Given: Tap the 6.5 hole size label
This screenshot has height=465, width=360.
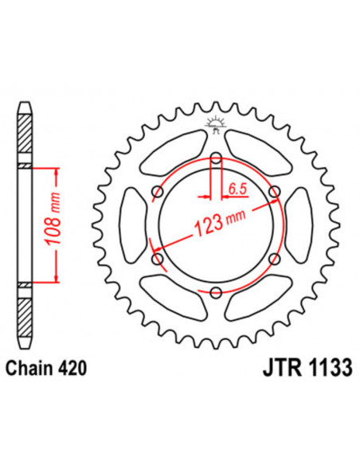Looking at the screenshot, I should click(x=237, y=188).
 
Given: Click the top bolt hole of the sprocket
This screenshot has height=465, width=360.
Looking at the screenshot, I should click(x=216, y=158).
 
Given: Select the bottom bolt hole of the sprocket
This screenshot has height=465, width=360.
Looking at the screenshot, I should click(x=216, y=293).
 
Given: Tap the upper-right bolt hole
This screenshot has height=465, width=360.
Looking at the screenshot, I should click(x=275, y=192).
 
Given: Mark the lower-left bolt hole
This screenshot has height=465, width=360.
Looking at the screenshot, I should click(x=157, y=260).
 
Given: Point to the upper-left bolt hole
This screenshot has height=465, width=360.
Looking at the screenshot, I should click(x=157, y=192).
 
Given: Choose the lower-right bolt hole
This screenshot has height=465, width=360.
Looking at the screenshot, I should click(x=275, y=260).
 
